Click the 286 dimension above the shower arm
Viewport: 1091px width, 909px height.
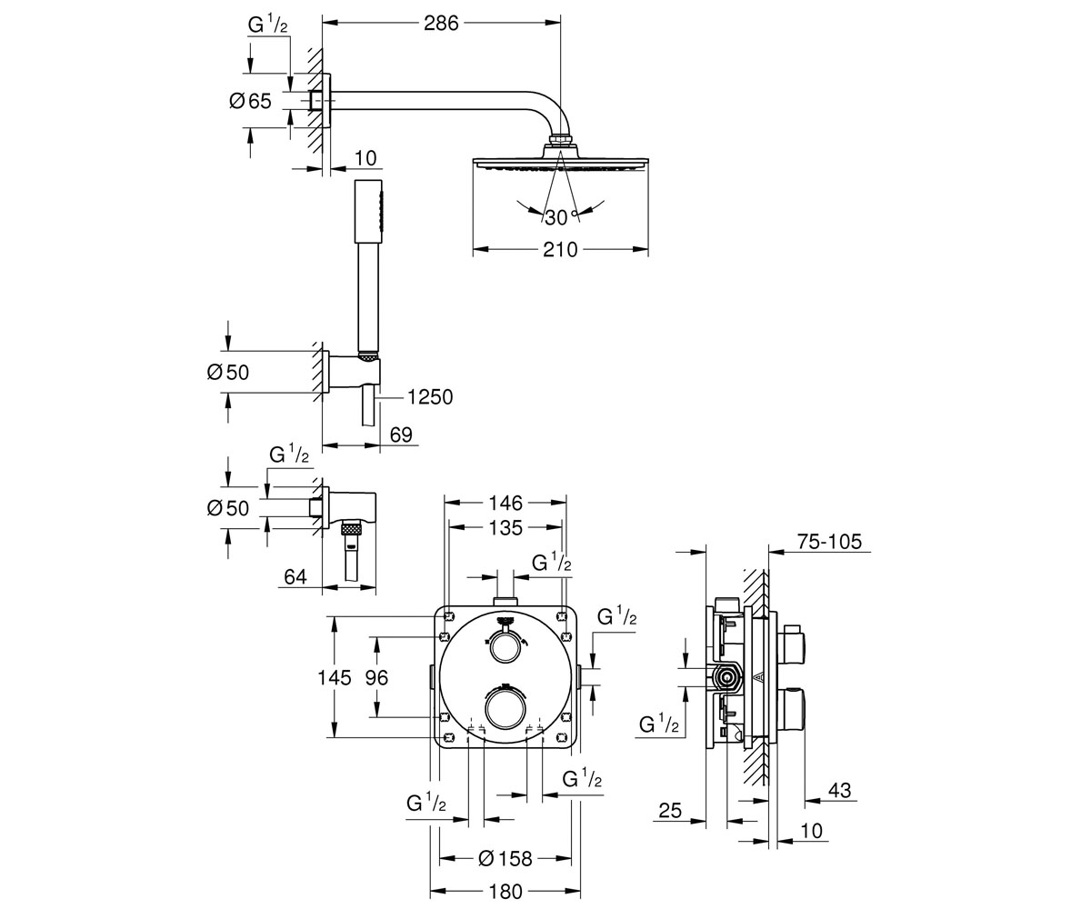(441, 23)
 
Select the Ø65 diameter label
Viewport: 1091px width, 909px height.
(251, 101)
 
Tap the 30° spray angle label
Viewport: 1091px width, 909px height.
(561, 217)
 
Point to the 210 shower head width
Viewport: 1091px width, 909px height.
(560, 250)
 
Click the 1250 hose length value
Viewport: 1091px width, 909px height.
(429, 397)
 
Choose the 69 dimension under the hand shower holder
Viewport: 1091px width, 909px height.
(401, 435)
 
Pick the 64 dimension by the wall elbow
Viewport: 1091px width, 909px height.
(295, 576)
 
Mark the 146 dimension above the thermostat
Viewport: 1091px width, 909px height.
(505, 503)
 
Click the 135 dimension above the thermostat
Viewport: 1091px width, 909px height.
(505, 528)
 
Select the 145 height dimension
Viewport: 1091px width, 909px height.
(335, 678)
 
